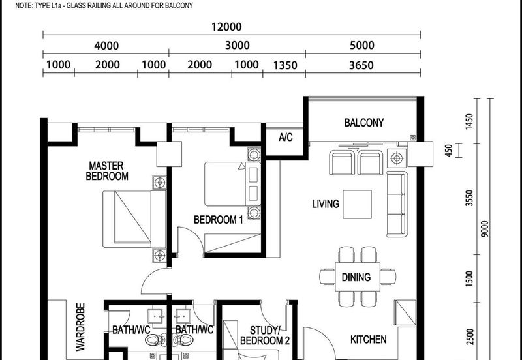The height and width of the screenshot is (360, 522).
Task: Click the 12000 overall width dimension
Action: [x=226, y=27]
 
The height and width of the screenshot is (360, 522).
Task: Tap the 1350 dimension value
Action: [x=285, y=65]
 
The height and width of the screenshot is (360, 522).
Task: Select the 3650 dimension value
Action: [x=361, y=65]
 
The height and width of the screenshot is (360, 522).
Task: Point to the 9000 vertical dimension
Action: [x=484, y=229]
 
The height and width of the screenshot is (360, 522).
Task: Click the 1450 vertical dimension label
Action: [x=468, y=122]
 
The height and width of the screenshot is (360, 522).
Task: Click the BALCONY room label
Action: [x=363, y=123]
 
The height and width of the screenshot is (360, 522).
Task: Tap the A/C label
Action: [x=285, y=138]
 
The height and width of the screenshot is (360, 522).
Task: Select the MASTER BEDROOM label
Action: [x=108, y=171]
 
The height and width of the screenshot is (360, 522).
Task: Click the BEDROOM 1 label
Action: [x=218, y=220]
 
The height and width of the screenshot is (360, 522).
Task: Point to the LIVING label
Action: [x=325, y=204]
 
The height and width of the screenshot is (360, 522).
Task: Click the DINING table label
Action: [x=356, y=277]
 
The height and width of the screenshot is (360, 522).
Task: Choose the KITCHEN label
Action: [x=368, y=340]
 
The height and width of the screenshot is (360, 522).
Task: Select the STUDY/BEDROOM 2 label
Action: [x=264, y=335]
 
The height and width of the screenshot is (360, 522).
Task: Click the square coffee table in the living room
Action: [x=358, y=204]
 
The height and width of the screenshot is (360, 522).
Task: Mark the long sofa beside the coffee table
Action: [x=396, y=204]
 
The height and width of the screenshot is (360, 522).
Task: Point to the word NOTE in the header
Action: [x=13, y=5]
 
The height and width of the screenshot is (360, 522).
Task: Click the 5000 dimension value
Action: [x=361, y=46]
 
